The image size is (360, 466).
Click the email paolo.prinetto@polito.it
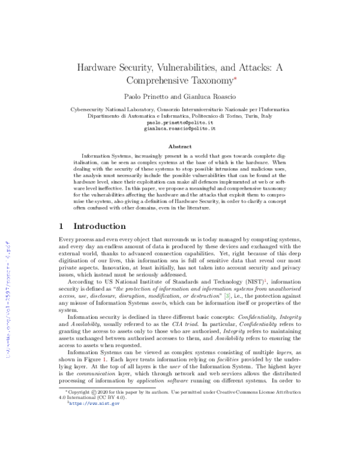[180, 123]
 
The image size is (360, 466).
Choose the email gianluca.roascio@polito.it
[180, 129]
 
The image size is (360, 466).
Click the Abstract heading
[180, 146]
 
